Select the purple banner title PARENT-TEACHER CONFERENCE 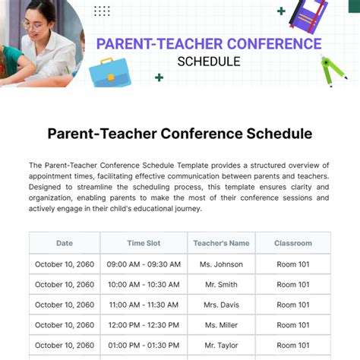(x=208, y=44)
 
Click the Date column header (x=65, y=243)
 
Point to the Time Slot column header (x=143, y=243)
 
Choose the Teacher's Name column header (x=221, y=243)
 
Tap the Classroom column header (x=293, y=243)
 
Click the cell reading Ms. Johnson (x=221, y=264)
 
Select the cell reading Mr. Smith (x=221, y=285)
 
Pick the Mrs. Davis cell (x=221, y=305)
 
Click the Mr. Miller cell (x=221, y=325)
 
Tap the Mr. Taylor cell (x=221, y=345)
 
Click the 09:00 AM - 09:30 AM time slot (x=143, y=264)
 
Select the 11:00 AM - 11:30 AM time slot (x=143, y=305)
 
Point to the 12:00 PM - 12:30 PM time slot (x=143, y=325)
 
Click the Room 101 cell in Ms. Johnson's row (x=293, y=264)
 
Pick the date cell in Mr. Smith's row (x=65, y=285)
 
